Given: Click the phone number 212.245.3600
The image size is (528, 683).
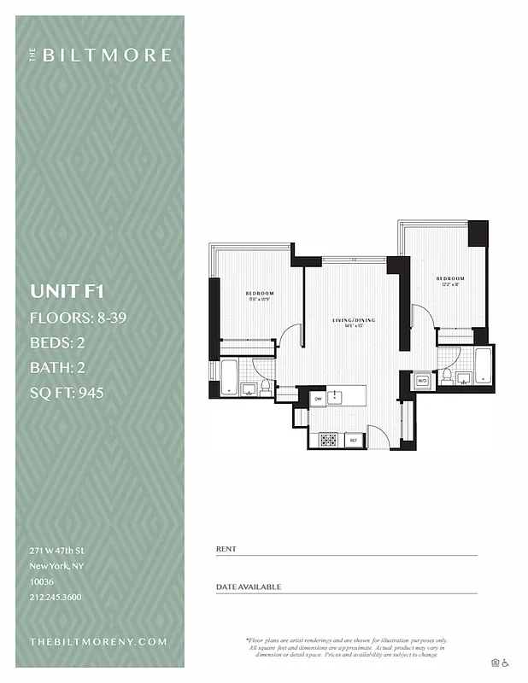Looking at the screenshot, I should tap(56, 597).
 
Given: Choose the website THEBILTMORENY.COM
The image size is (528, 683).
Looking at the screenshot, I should tap(98, 641).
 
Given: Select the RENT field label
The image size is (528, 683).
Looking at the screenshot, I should tap(226, 549).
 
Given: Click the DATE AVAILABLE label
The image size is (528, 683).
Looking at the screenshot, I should tap(248, 587).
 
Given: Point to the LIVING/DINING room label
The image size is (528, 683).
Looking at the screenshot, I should tap(354, 320).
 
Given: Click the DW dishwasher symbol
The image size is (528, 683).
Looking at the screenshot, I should tap(318, 398).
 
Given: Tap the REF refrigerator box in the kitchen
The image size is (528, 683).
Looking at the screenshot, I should tap(353, 440).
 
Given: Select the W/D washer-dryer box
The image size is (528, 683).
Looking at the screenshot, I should tap(421, 380).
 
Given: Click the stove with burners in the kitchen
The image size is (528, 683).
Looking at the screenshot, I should tap(329, 440).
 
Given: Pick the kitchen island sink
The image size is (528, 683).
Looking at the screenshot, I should tap(337, 397).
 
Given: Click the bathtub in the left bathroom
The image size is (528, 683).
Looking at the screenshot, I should tap(229, 377).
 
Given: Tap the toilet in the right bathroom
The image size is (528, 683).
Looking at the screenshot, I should tap(446, 377).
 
